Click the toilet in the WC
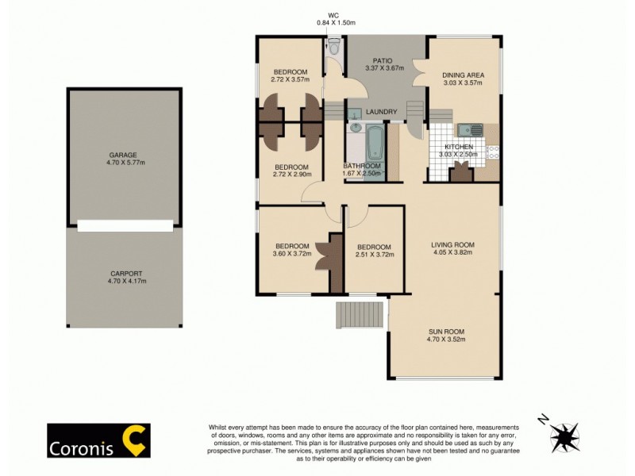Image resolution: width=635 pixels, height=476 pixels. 334,49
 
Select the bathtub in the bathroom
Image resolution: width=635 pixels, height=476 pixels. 375,148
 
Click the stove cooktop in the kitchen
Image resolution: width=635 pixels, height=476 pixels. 492,148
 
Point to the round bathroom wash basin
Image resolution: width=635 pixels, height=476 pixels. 356,127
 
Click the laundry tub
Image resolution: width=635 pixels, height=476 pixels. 355,113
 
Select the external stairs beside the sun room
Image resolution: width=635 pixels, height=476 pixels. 360,314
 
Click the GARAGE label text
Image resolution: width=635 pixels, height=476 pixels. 123,155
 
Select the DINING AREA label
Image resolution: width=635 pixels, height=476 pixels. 463,75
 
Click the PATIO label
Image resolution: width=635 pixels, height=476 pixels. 384,59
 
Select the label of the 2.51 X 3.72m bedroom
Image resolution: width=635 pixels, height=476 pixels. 373,246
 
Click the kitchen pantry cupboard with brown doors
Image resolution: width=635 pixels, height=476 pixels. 460,172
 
